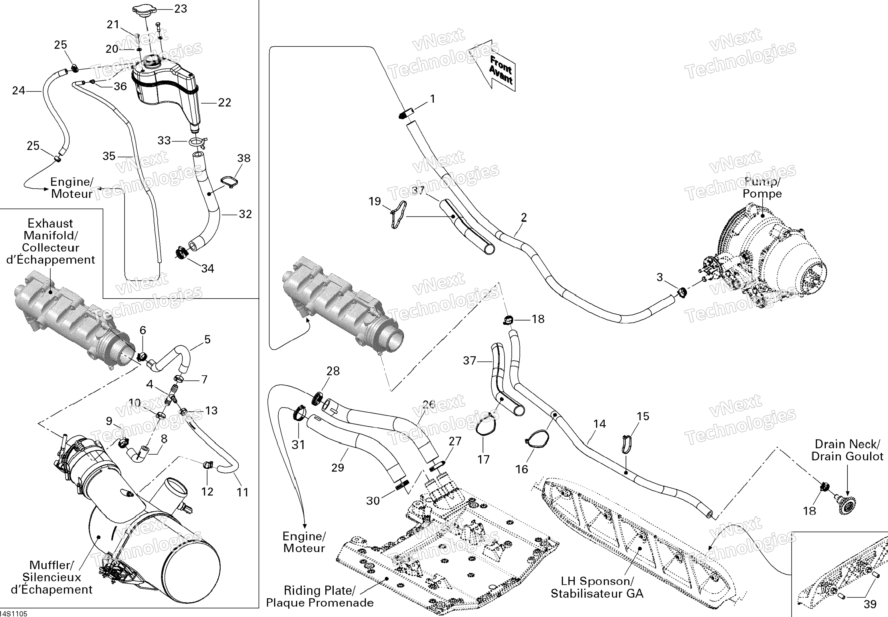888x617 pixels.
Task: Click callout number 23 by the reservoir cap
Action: [181, 9]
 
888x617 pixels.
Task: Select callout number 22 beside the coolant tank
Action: [225, 102]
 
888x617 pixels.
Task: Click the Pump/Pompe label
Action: [762, 188]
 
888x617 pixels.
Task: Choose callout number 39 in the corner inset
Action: [870, 604]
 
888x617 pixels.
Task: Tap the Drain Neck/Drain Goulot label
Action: [847, 450]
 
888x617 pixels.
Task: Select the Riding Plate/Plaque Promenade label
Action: [320, 596]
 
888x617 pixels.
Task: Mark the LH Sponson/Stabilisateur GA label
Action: [597, 587]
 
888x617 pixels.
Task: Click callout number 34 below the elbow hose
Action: [207, 268]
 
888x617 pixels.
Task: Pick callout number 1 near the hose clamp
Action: [432, 99]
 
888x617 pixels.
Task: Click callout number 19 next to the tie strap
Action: [374, 201]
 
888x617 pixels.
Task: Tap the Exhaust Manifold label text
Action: [50, 241]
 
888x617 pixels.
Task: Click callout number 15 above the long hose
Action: [643, 416]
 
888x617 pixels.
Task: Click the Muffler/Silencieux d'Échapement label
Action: [52, 577]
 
